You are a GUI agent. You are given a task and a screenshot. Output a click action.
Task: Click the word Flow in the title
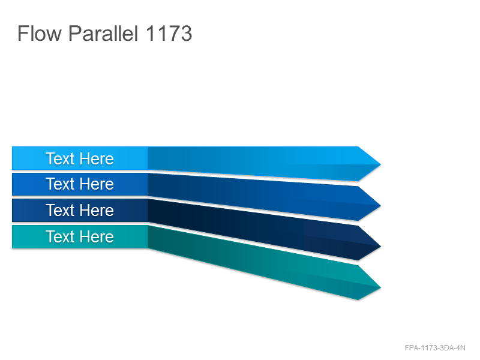[x=40, y=34]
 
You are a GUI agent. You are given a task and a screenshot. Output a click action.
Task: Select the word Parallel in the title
[x=103, y=34]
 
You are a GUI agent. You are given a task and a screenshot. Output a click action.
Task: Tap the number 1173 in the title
[x=169, y=34]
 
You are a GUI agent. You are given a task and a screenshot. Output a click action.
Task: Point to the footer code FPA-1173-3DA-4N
[x=435, y=348]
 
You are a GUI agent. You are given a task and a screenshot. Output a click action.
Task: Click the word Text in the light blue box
[x=60, y=158]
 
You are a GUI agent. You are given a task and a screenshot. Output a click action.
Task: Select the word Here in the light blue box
[x=97, y=158]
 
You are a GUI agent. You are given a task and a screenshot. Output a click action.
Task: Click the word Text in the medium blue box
[x=60, y=184]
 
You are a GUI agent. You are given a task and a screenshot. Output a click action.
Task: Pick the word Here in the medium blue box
[x=97, y=184]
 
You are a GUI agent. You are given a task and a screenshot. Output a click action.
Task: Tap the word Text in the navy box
[x=60, y=210]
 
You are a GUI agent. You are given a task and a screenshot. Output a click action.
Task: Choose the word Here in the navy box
[x=97, y=210]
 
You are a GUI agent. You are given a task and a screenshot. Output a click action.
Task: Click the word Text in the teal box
[x=60, y=236]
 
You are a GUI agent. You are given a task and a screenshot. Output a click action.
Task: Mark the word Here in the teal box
[x=97, y=236]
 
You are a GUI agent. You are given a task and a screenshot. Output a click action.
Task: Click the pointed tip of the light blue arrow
[x=380, y=164]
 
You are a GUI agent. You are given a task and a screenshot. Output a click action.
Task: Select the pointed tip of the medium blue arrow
[x=380, y=205]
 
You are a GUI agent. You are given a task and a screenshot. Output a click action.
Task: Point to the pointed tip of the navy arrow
[x=380, y=246]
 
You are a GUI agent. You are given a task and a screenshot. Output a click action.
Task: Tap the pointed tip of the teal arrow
[x=380, y=287]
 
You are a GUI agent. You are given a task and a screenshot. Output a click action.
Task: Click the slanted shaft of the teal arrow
[x=253, y=263]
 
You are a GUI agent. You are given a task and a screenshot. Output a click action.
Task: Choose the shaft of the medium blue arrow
[x=253, y=197]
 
